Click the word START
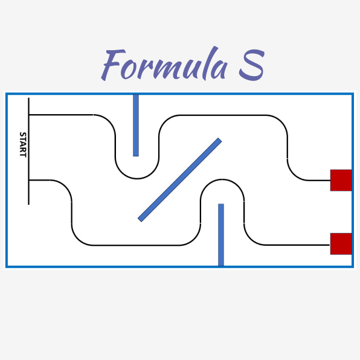click(x=23, y=144)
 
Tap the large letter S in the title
click(x=252, y=65)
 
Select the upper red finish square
click(x=341, y=180)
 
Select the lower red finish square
click(x=341, y=244)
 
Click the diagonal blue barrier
click(x=180, y=180)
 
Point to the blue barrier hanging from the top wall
click(x=136, y=126)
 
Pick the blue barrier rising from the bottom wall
click(x=221, y=234)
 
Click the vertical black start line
click(x=29, y=151)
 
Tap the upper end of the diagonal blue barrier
click(x=220, y=140)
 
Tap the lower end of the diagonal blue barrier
click(x=140, y=220)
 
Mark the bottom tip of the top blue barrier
click(x=136, y=156)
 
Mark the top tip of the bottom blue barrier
click(x=221, y=204)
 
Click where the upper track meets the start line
click(x=29, y=114)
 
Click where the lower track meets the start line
click(x=29, y=180)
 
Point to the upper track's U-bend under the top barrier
click(x=137, y=178)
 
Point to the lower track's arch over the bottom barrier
click(x=222, y=179)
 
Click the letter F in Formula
click(x=112, y=64)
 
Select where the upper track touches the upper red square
click(x=330, y=181)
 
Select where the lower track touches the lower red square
click(x=330, y=245)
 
